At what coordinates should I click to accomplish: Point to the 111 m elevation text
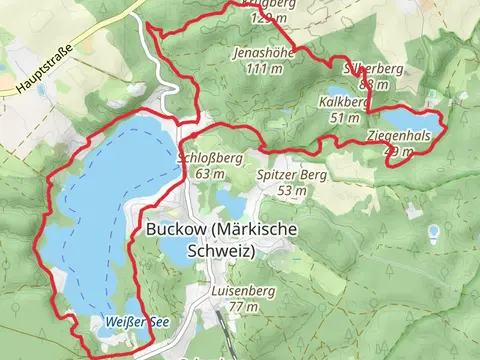click(263, 69)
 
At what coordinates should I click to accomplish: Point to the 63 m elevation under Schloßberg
click(210, 174)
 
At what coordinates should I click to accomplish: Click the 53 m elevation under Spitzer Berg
click(292, 190)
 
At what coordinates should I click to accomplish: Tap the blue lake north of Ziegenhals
click(412, 119)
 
